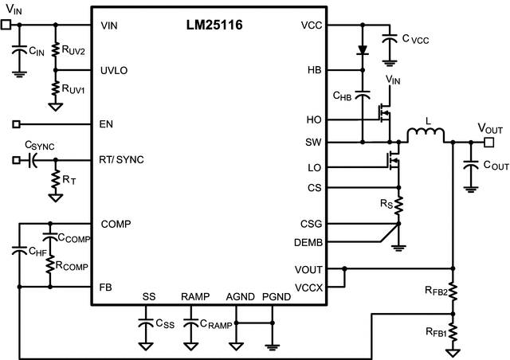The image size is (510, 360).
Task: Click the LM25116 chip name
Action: [x=210, y=25]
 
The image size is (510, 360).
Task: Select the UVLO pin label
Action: [x=114, y=70]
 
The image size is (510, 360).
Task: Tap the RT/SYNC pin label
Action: [x=124, y=160]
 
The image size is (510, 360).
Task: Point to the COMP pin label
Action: [x=116, y=224]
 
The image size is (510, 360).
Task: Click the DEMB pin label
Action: [x=308, y=241]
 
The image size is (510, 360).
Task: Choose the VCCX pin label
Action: [x=308, y=287]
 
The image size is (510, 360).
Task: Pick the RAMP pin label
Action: [x=194, y=297]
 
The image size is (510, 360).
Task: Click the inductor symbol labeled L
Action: [x=427, y=136]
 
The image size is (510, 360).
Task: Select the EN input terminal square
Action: [x=17, y=124]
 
